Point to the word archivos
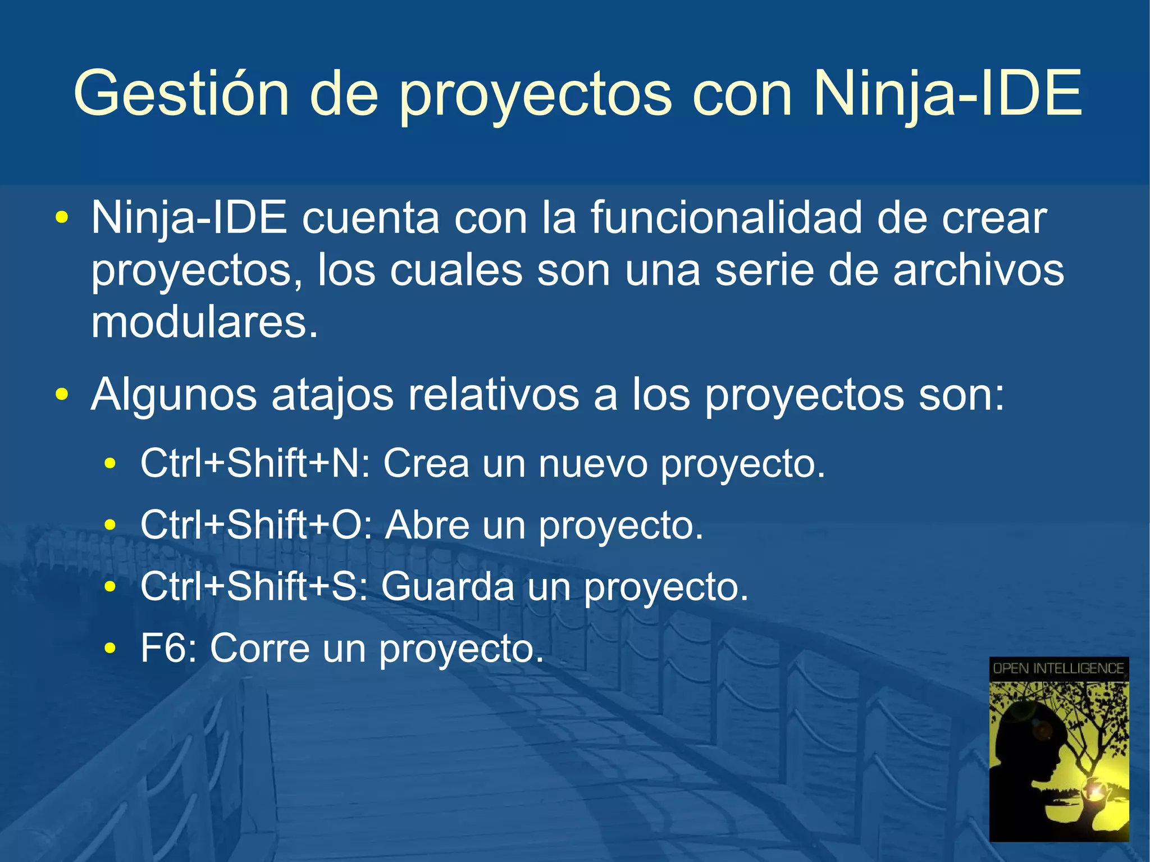978,271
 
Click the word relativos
493,395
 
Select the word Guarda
448,587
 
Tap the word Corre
259,648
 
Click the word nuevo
593,463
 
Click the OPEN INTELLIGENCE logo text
1058,668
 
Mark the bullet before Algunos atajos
62,394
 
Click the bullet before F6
111,649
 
